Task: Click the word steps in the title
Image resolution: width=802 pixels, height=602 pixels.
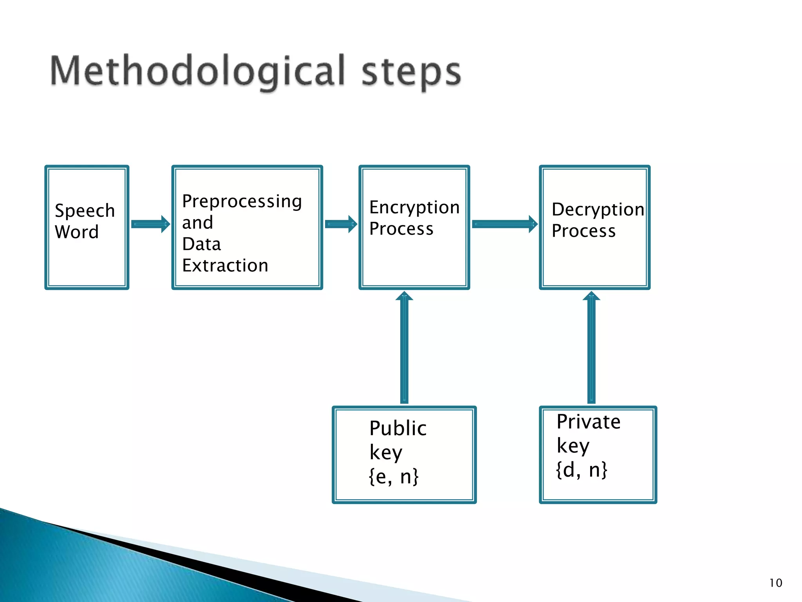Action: [x=411, y=72]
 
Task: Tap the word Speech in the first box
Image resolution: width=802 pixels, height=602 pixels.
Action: [x=85, y=211]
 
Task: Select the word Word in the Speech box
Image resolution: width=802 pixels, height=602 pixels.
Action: [x=77, y=232]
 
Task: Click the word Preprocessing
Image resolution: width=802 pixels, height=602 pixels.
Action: [x=242, y=202]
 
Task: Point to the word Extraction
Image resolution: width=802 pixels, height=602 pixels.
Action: [x=225, y=266]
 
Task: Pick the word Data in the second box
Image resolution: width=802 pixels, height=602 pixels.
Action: [x=201, y=244]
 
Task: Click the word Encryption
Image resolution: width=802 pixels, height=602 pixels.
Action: [x=414, y=207]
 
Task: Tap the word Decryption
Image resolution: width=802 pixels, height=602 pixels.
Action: [x=598, y=210]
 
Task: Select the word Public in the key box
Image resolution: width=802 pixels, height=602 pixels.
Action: [x=398, y=428]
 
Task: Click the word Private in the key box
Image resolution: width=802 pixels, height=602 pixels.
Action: [x=589, y=422]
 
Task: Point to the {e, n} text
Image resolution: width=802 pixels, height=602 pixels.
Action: [x=394, y=477]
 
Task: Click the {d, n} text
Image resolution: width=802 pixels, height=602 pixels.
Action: [x=582, y=470]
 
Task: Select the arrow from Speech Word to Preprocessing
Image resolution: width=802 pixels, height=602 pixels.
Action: [x=150, y=224]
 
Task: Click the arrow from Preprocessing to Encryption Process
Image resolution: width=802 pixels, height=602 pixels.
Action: [x=341, y=224]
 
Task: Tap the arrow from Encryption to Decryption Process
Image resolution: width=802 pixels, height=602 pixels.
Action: [x=505, y=224]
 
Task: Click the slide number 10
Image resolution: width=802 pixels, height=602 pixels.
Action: [x=775, y=583]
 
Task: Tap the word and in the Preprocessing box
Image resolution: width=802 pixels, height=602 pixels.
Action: [x=197, y=223]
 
